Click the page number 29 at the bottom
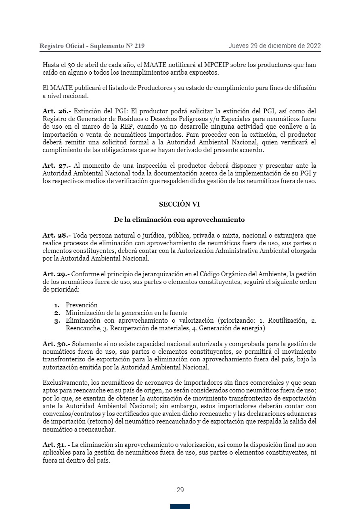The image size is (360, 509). click(180, 490)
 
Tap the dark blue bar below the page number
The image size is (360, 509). click(180, 507)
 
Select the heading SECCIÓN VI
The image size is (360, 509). click(179, 204)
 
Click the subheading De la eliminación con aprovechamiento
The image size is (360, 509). click(179, 220)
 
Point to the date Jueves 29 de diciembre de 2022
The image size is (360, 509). click(274, 46)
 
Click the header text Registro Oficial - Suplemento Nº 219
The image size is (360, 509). click(92, 46)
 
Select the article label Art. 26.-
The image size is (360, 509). click(57, 111)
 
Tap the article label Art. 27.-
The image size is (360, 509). click(57, 166)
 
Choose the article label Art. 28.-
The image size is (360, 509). click(57, 235)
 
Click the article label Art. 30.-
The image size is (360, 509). click(57, 344)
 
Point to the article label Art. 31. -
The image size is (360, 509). click(57, 445)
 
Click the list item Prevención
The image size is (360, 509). click(82, 305)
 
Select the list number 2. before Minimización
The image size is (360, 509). click(57, 313)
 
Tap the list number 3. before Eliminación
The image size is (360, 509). click(57, 321)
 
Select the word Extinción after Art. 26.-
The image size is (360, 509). click(88, 111)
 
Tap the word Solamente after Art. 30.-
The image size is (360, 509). click(88, 344)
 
